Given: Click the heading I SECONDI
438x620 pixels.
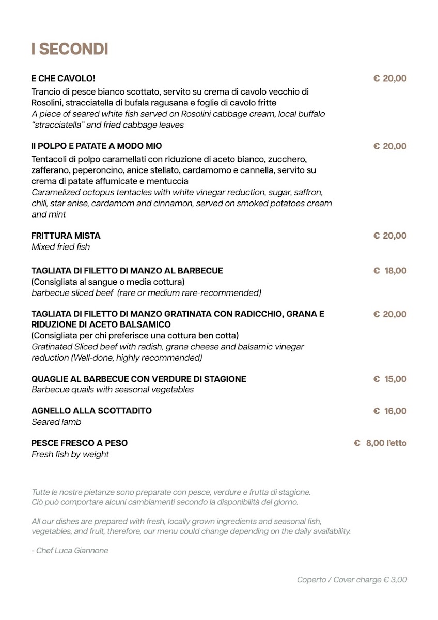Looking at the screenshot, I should tap(69, 49).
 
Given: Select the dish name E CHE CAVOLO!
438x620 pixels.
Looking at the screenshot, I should tap(63, 79).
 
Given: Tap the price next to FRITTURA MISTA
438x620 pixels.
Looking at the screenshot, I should tap(390, 236).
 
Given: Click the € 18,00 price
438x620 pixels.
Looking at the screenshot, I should tap(390, 270).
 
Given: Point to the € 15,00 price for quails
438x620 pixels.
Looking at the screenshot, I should tap(390, 379).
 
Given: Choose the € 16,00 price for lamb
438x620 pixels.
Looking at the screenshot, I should tap(390, 411).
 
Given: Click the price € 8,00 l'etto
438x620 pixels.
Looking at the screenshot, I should tap(380, 443).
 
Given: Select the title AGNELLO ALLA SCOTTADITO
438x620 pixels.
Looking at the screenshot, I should tap(91, 411).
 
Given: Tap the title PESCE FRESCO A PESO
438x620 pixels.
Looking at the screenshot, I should tap(79, 443).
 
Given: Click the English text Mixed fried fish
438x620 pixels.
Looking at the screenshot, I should tap(60, 247).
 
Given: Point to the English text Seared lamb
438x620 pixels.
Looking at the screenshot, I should tap(56, 422).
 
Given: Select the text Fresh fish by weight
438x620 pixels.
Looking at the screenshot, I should tap(70, 454).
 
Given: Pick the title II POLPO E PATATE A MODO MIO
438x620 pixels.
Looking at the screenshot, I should tap(96, 146).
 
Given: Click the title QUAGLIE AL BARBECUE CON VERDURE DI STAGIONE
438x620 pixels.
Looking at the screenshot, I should tap(138, 379).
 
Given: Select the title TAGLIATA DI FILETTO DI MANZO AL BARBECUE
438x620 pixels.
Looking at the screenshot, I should tap(127, 270).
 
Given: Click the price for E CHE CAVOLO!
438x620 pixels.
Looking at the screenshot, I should tap(390, 79).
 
